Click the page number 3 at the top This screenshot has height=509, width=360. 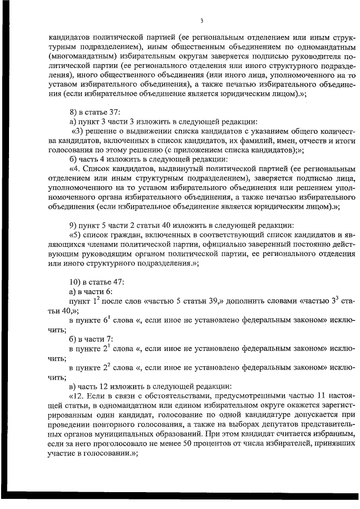[201, 22]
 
